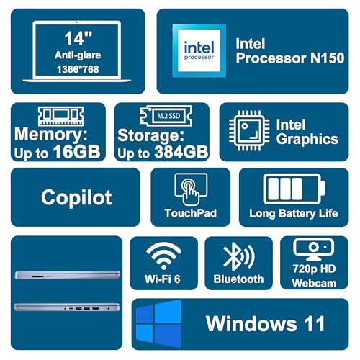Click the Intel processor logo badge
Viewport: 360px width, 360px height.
pyautogui.click(x=199, y=50)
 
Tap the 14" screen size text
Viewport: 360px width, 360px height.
pyautogui.click(x=78, y=38)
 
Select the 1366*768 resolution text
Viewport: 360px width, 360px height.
pyautogui.click(x=78, y=69)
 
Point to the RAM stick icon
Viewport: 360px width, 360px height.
pyautogui.click(x=61, y=116)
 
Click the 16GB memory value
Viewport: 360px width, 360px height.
pyautogui.click(x=76, y=152)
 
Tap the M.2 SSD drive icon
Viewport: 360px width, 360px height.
pyautogui.click(x=166, y=116)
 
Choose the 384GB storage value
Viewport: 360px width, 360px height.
pyautogui.click(x=181, y=152)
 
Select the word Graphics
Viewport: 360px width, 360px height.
pyautogui.click(x=307, y=140)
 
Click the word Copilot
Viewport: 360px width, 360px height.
pyautogui.click(x=76, y=197)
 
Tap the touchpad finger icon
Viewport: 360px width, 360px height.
pyautogui.click(x=191, y=189)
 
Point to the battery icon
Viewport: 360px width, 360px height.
pyautogui.click(x=294, y=189)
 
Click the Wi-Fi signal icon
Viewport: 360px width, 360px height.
pyautogui.click(x=163, y=256)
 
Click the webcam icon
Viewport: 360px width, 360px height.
pyautogui.click(x=313, y=249)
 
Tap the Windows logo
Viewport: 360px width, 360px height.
pyautogui.click(x=158, y=324)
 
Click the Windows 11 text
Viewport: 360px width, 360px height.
pyautogui.click(x=266, y=324)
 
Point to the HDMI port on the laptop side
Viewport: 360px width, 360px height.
pyautogui.click(x=96, y=308)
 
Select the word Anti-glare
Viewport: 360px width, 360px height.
pyautogui.click(x=78, y=55)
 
